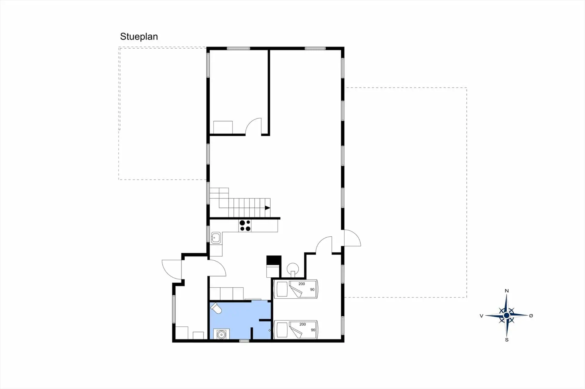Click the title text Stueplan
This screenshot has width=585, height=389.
[139, 36]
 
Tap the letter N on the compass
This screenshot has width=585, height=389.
[507, 291]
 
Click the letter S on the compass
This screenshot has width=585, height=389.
[507, 340]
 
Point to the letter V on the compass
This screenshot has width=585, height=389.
[481, 316]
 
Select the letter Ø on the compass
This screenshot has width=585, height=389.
[531, 316]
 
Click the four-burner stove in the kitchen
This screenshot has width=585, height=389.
[245, 226]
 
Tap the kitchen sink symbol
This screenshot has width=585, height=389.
[216, 238]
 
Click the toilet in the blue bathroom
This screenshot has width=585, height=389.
[216, 308]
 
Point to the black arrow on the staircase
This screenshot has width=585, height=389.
[268, 208]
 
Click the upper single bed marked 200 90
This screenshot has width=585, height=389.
[296, 289]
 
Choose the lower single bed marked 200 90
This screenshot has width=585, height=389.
[296, 329]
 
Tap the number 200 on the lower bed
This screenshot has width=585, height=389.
[303, 324]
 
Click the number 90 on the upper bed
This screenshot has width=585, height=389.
[312, 290]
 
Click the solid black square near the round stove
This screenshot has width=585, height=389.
[274, 260]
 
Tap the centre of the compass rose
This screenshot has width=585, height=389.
[507, 316]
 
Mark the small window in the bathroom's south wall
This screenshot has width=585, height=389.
[244, 341]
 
